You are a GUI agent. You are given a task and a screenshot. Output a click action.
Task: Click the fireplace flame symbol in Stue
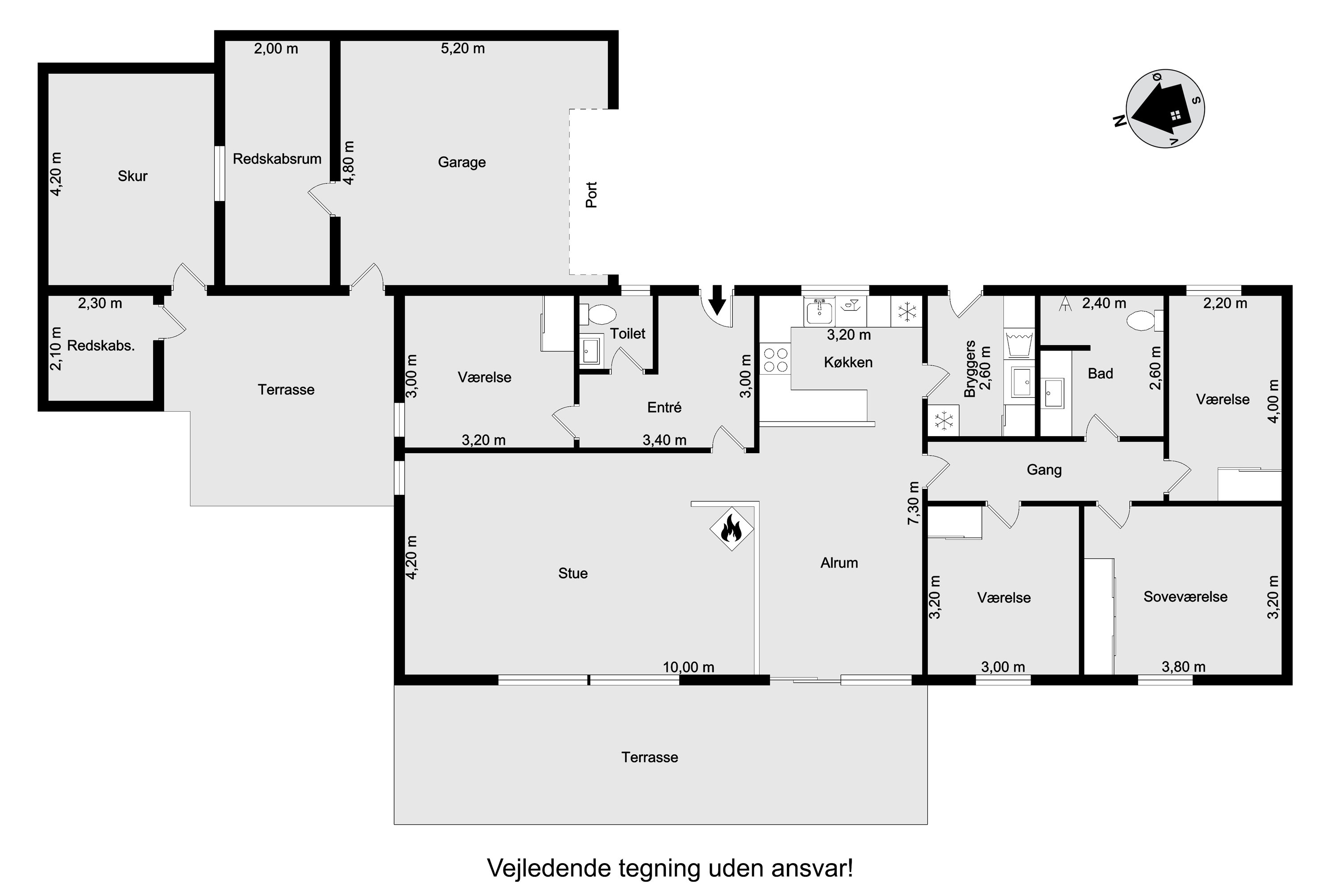pyautogui.click(x=731, y=529)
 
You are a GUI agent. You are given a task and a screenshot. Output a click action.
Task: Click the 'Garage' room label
pyautogui.click(x=462, y=163)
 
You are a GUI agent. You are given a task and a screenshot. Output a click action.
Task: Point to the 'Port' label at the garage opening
pyautogui.click(x=591, y=195)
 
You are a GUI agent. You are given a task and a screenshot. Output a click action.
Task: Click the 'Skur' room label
pyautogui.click(x=133, y=176)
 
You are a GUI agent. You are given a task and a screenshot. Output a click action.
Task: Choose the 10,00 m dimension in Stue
pyautogui.click(x=688, y=667)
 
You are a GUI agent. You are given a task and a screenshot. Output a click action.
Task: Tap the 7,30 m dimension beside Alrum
pyautogui.click(x=914, y=504)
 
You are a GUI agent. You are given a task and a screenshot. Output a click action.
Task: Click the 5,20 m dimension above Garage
pyautogui.click(x=463, y=48)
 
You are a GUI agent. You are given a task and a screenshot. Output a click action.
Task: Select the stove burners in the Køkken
pyautogui.click(x=775, y=359)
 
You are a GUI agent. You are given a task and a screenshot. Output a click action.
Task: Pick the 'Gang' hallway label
pyautogui.click(x=1044, y=470)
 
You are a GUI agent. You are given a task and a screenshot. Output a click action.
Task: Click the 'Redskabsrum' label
pyautogui.click(x=277, y=159)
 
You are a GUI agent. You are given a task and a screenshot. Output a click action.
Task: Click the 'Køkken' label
pyautogui.click(x=848, y=362)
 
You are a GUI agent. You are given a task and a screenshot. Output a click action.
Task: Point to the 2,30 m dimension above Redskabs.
pyautogui.click(x=100, y=304)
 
